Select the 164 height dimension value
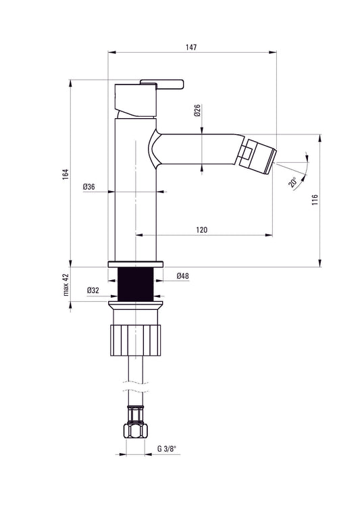pos(64,174)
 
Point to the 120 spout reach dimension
pos(201,230)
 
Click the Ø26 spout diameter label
pos(196,111)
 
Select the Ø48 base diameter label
pos(182,276)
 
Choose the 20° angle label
pos(292,182)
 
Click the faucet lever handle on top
pos(161,84)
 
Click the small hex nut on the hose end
pos(135,429)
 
